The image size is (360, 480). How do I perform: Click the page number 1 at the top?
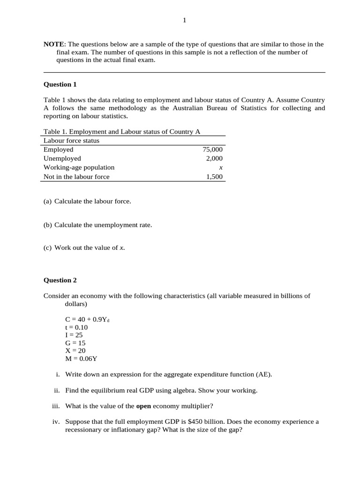point(184,20)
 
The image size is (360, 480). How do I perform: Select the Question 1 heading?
point(60,84)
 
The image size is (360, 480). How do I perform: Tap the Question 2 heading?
point(60,280)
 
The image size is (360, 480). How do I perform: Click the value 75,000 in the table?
point(213,150)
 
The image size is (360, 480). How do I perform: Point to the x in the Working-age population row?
point(221,167)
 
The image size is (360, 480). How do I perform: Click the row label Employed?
point(59,150)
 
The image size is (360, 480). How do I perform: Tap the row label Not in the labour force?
point(76,177)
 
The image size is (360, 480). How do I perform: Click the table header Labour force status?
point(71,141)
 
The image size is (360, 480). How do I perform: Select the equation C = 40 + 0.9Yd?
point(87,319)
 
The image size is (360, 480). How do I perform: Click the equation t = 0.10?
point(76,327)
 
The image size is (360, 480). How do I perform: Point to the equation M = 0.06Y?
point(82,359)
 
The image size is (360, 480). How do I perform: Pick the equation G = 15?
point(75,343)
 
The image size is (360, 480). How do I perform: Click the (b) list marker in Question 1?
point(47,225)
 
